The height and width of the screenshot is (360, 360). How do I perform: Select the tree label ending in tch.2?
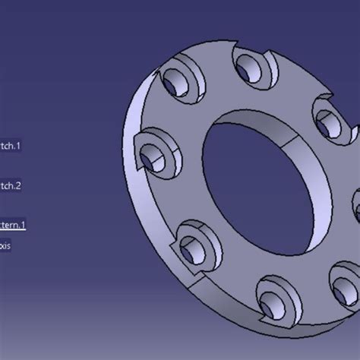11,185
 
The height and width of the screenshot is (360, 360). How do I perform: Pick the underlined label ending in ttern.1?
13,224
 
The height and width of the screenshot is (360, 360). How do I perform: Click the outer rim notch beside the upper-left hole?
157,77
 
